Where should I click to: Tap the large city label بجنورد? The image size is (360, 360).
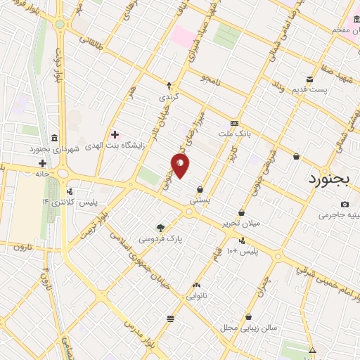point(328,179)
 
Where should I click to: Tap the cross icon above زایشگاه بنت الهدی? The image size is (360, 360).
point(114,134)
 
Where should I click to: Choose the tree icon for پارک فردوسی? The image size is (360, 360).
point(161,227)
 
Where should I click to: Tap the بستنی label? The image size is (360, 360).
point(200,200)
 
